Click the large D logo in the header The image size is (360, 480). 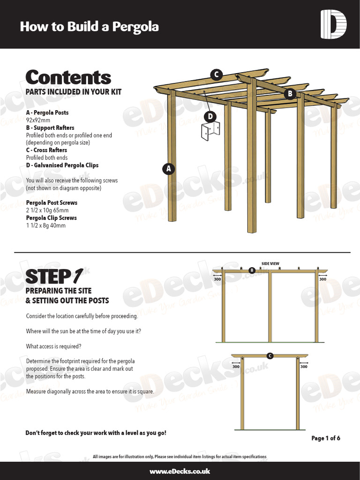coord(333,24)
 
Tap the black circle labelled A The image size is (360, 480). coord(169,169)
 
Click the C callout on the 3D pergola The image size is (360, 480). coord(216,75)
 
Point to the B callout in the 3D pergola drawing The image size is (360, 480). coord(290,94)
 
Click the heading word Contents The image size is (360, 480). coord(68,78)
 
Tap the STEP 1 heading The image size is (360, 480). coord(54,277)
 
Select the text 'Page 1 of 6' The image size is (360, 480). coord(326,438)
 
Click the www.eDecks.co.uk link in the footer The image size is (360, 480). coord(180,472)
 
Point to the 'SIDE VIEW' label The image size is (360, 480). coord(271,264)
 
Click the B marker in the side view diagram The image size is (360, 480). coord(252,270)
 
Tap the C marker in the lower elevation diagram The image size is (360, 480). coord(270,356)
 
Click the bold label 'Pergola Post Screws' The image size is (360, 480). coord(52,203)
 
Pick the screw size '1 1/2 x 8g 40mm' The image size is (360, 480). coord(46,225)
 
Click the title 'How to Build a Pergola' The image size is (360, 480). coord(89,27)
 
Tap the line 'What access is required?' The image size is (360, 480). coord(54,346)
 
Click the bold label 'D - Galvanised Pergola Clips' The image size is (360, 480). coord(62,165)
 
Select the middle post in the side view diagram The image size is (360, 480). coord(270,307)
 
